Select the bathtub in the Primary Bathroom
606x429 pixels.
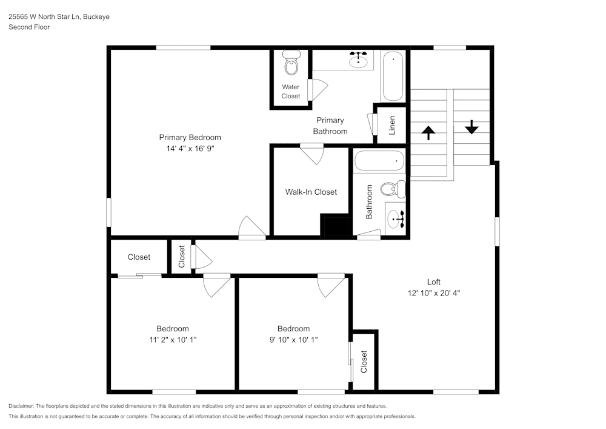pyautogui.click(x=393, y=76)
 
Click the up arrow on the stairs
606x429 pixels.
pyautogui.click(x=428, y=133)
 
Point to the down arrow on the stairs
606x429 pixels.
pyautogui.click(x=471, y=127)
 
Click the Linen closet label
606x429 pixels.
pyautogui.click(x=392, y=125)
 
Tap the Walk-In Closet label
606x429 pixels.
pyautogui.click(x=311, y=192)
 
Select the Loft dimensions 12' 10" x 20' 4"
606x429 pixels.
pyautogui.click(x=433, y=292)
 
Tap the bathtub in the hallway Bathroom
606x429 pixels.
pyautogui.click(x=379, y=161)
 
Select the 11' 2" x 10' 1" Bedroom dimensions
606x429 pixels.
pyautogui.click(x=173, y=340)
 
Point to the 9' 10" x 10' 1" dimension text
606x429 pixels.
pyautogui.click(x=293, y=340)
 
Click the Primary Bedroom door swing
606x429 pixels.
pyautogui.click(x=251, y=227)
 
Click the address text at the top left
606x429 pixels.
pyautogui.click(x=59, y=17)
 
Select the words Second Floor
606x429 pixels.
pyautogui.click(x=29, y=27)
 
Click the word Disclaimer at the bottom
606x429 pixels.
pyautogui.click(x=21, y=405)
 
